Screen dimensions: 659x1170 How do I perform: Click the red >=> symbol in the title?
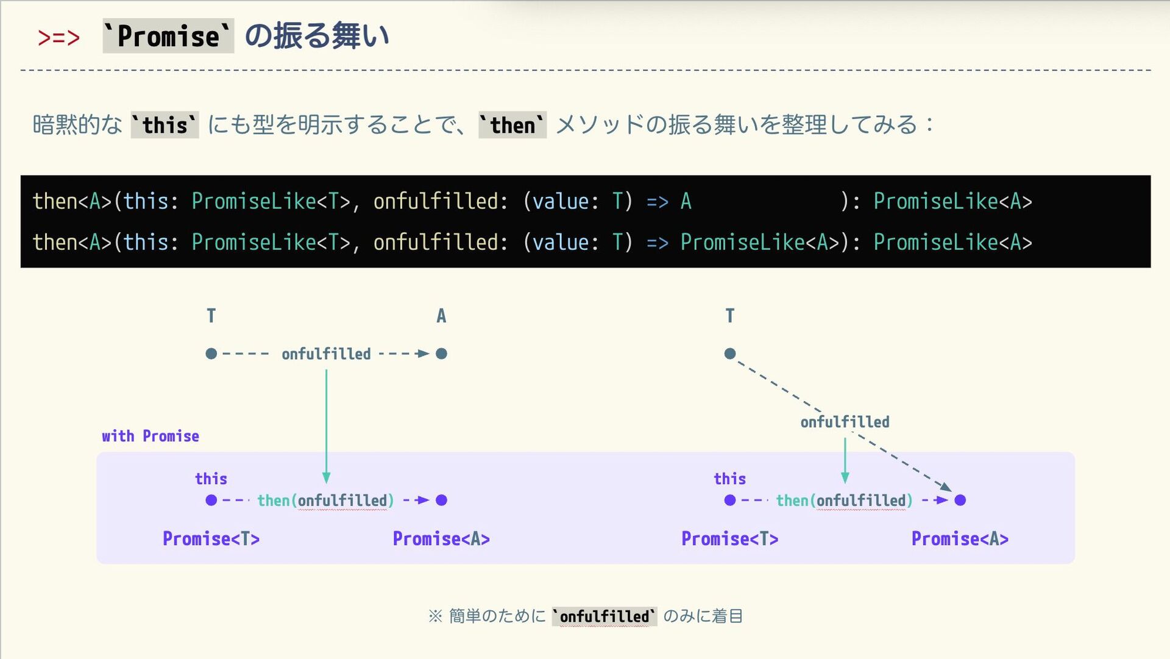tap(58, 37)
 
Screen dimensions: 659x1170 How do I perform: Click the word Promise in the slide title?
tap(168, 36)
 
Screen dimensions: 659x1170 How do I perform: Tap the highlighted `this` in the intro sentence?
tap(165, 125)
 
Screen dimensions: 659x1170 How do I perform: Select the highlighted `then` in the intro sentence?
tap(512, 125)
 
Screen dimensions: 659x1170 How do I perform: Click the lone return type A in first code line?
tap(686, 201)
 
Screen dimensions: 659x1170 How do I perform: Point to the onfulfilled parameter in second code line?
tap(436, 243)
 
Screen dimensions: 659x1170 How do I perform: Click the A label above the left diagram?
tap(441, 316)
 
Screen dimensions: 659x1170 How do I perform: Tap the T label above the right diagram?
tap(729, 316)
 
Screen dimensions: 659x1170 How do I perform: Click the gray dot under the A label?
tap(442, 354)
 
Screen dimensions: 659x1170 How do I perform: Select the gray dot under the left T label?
tap(211, 354)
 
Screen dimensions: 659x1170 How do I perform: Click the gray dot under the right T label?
tap(730, 354)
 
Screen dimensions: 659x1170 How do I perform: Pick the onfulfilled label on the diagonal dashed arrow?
tap(845, 422)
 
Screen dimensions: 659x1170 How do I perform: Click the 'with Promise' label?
tap(151, 436)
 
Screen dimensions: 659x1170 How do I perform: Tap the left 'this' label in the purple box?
tap(211, 479)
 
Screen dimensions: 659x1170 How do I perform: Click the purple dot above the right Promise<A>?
tap(960, 500)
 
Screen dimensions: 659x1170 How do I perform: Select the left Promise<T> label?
tap(211, 539)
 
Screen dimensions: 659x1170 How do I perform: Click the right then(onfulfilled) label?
tap(844, 500)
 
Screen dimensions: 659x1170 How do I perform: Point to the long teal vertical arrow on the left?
tap(326, 421)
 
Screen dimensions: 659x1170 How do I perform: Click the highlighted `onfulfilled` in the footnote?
tap(604, 616)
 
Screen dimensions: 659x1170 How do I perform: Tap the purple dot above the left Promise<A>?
tap(442, 500)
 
